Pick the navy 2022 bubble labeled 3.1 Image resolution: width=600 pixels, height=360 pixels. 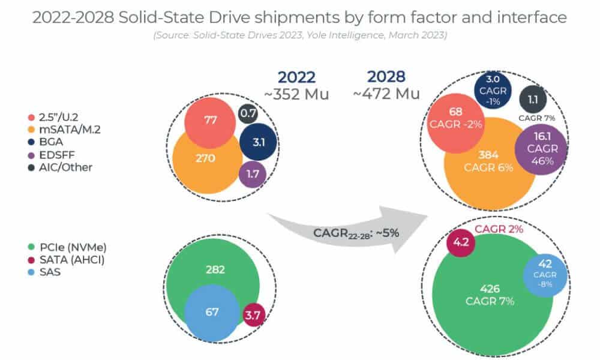257,143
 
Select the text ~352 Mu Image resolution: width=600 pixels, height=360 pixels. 297,95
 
